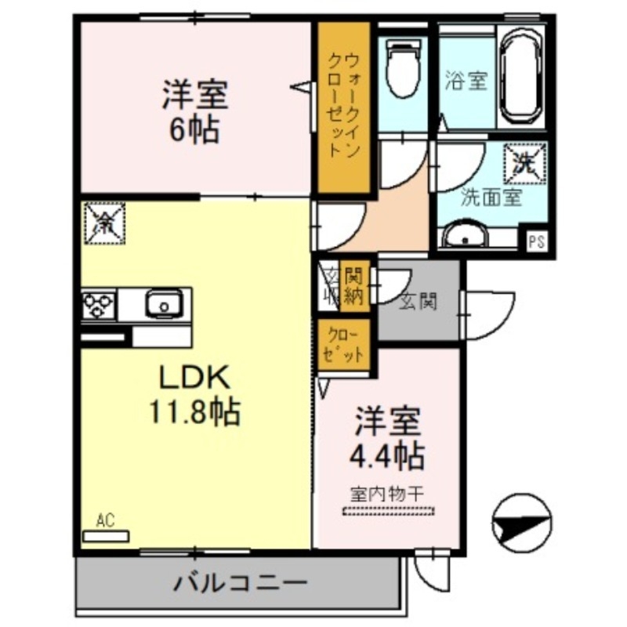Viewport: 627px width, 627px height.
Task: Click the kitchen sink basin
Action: [x=163, y=302]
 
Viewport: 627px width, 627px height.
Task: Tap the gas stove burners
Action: [x=100, y=303]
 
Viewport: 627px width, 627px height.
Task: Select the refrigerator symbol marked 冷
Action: [x=103, y=223]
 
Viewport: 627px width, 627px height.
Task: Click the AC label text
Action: [x=107, y=519]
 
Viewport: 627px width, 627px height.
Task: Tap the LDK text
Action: [x=194, y=379]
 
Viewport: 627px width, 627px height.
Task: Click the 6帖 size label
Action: [x=195, y=129]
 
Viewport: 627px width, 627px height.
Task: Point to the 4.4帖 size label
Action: [x=388, y=452]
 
